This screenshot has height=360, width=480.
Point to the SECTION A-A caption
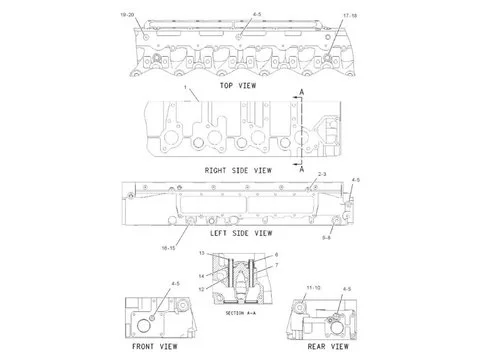241,312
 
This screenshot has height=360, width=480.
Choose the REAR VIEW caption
328,346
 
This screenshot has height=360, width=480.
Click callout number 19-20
126,17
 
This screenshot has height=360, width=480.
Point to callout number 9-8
355,238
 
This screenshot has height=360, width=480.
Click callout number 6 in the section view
276,256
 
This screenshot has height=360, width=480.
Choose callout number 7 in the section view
276,266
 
